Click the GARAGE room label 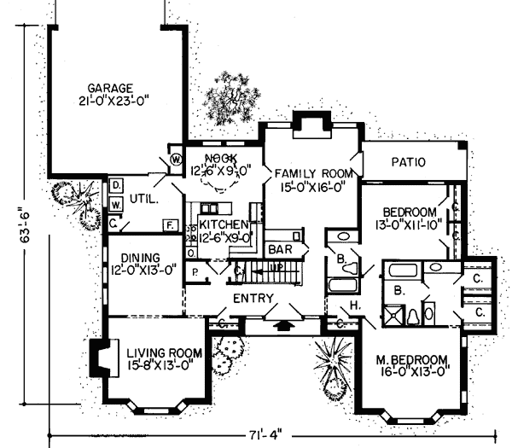coord(108,87)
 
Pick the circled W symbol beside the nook coord(176,159)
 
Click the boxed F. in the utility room coord(170,225)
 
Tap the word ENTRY coord(253,299)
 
